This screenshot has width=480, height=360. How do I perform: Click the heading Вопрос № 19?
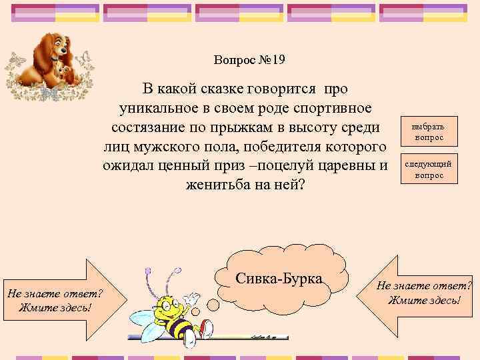[x=250, y=60]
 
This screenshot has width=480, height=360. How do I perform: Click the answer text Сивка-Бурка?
[x=279, y=278]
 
